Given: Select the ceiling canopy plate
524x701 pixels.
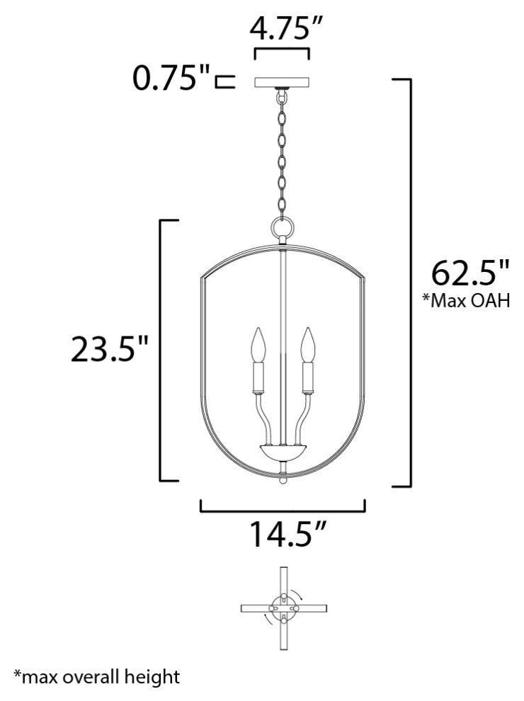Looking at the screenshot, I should point(283,81).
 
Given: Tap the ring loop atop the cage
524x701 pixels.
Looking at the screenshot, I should point(283,229).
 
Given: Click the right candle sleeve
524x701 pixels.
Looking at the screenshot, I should point(307,377).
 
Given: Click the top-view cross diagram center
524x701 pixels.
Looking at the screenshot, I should point(283,608).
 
